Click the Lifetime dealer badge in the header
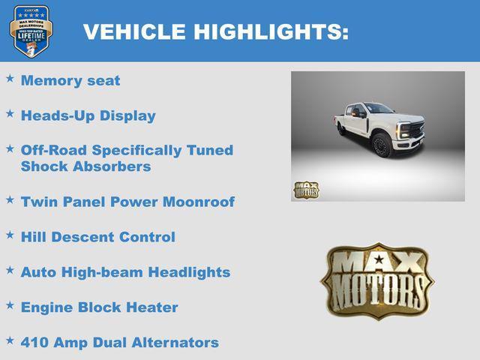coord(31,31)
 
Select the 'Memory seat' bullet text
coord(70,81)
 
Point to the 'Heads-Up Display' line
coord(88,115)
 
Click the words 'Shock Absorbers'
coord(85,166)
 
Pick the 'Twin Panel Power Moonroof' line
coord(127,202)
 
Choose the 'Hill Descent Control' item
coord(98,237)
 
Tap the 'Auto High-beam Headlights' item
coord(125,272)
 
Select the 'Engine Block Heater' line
coord(100,307)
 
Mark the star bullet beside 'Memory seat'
coord(10,78)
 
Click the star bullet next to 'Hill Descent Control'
coord(10,234)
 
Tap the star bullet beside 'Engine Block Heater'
coord(10,304)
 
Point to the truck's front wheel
coord(382,145)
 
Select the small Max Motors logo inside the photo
coord(306,190)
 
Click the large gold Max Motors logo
coord(377,280)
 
